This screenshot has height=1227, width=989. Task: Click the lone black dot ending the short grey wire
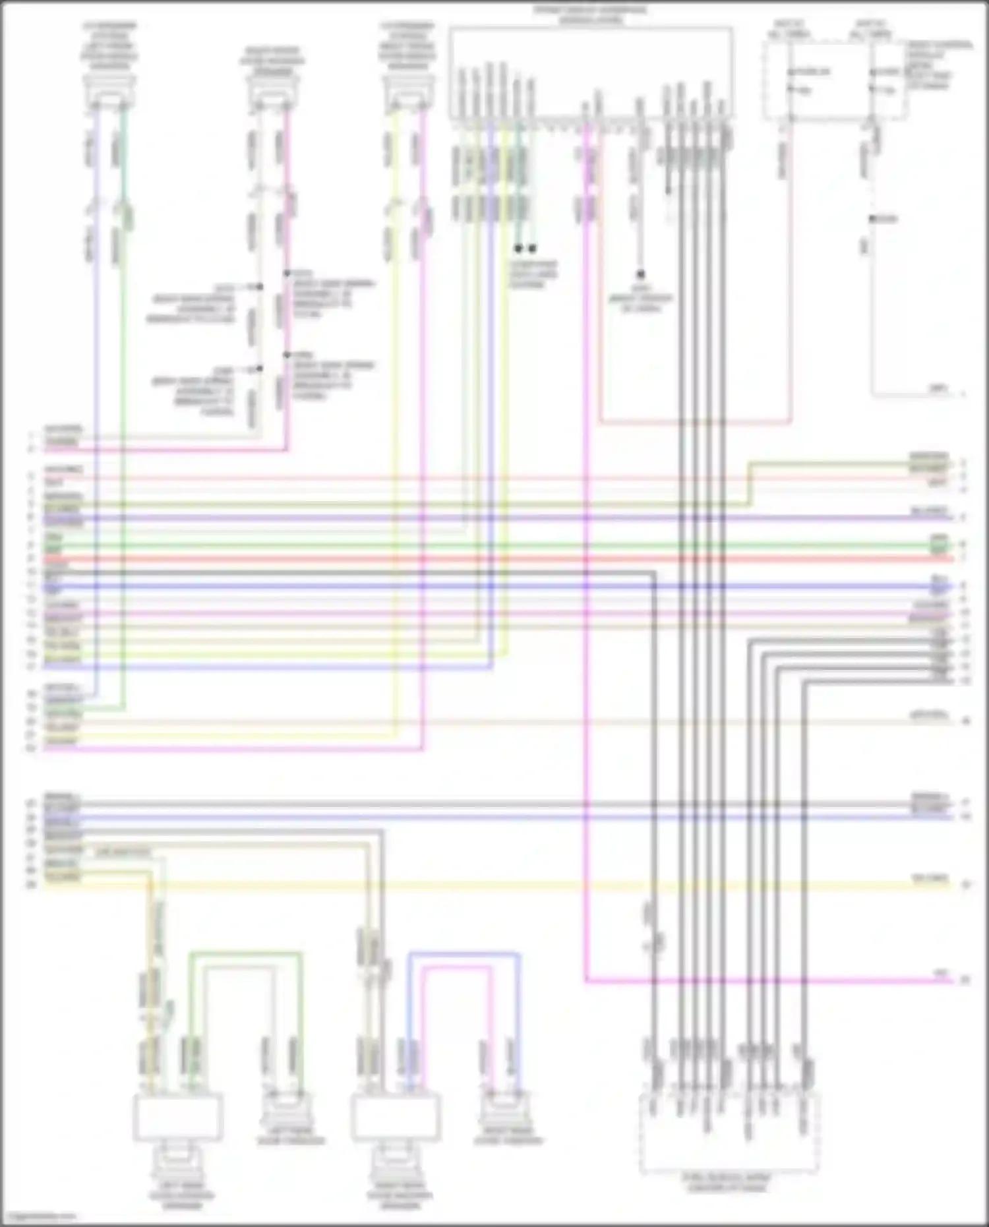tap(640, 274)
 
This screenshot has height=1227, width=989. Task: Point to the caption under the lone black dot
tap(642, 299)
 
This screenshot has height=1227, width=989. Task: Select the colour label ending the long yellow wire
tap(930, 879)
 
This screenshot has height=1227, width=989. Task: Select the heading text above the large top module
tap(589, 15)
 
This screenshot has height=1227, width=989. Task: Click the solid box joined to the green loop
tap(178, 1117)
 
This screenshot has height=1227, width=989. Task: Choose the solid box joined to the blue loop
tap(396, 1117)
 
